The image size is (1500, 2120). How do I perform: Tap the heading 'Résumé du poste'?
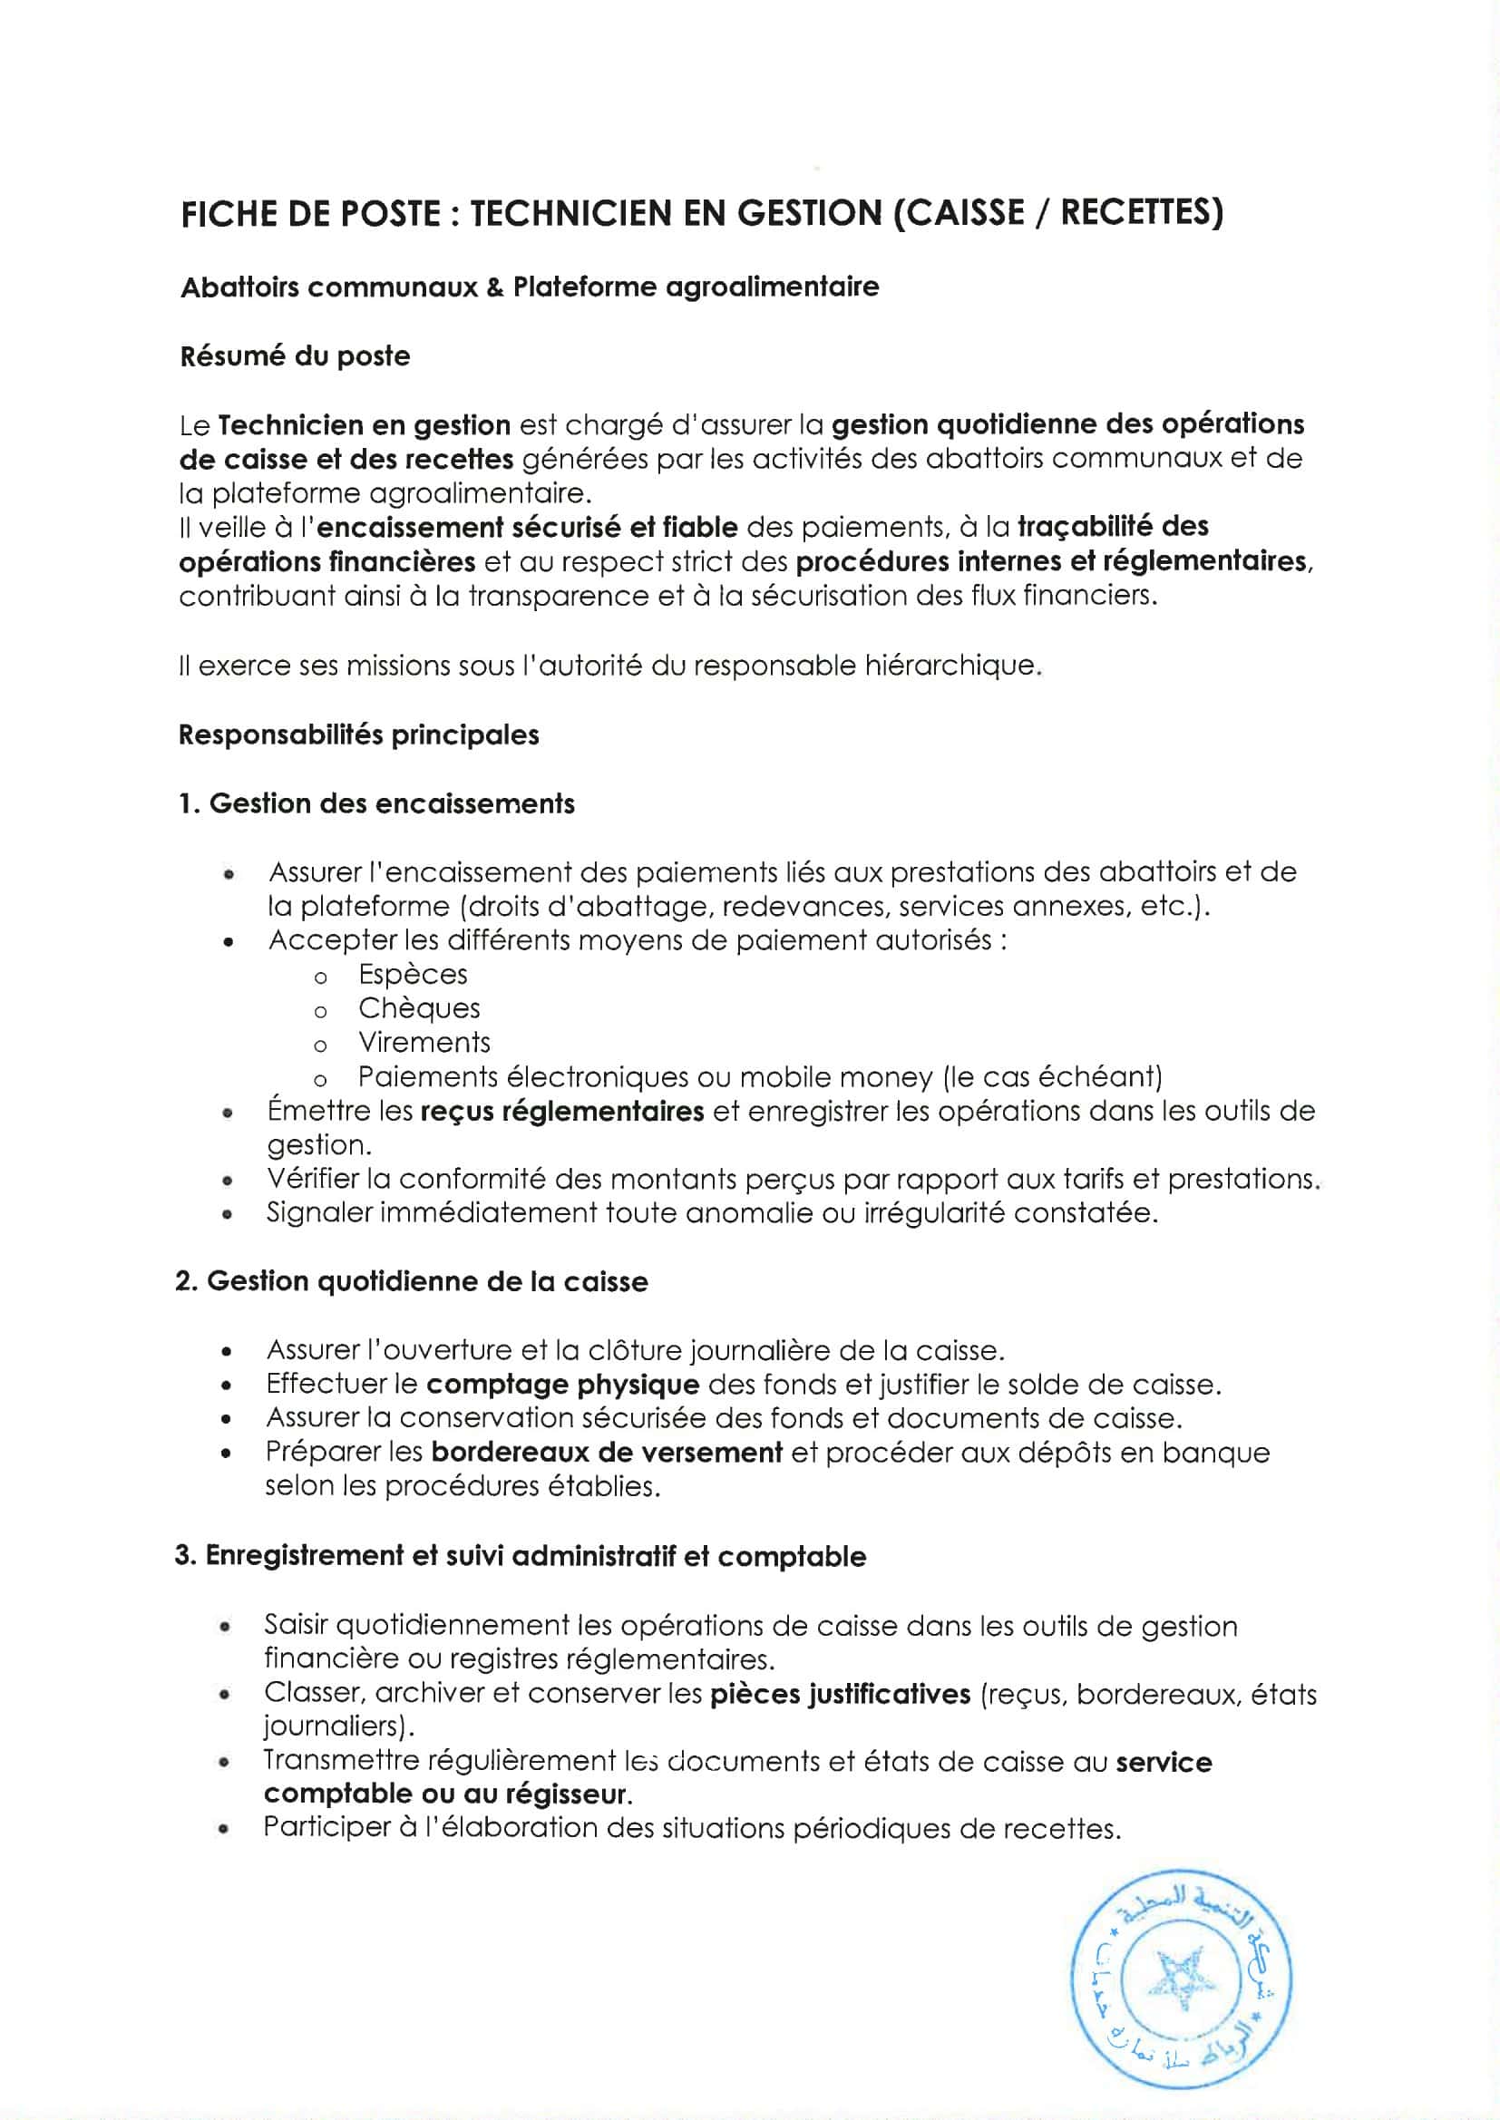295,356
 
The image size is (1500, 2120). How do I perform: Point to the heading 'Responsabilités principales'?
358,735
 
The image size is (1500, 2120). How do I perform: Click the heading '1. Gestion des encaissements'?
376,803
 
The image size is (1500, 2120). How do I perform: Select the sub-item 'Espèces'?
413,974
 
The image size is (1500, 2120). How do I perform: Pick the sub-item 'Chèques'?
419,1008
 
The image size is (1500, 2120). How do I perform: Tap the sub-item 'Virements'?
424,1043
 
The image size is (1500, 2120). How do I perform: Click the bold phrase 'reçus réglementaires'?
561,1111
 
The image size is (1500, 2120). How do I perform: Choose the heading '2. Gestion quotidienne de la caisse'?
411,1281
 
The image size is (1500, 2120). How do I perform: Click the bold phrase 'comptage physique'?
562,1384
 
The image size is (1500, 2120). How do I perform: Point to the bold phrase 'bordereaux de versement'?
607,1453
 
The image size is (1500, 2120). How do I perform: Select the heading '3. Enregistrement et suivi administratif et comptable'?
520,1556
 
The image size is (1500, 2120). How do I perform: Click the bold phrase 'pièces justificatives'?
841,1695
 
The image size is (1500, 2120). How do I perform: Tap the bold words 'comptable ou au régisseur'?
448,1794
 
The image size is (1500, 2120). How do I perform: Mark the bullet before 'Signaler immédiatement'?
227,1215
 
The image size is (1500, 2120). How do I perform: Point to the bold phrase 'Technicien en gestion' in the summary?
365,425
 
